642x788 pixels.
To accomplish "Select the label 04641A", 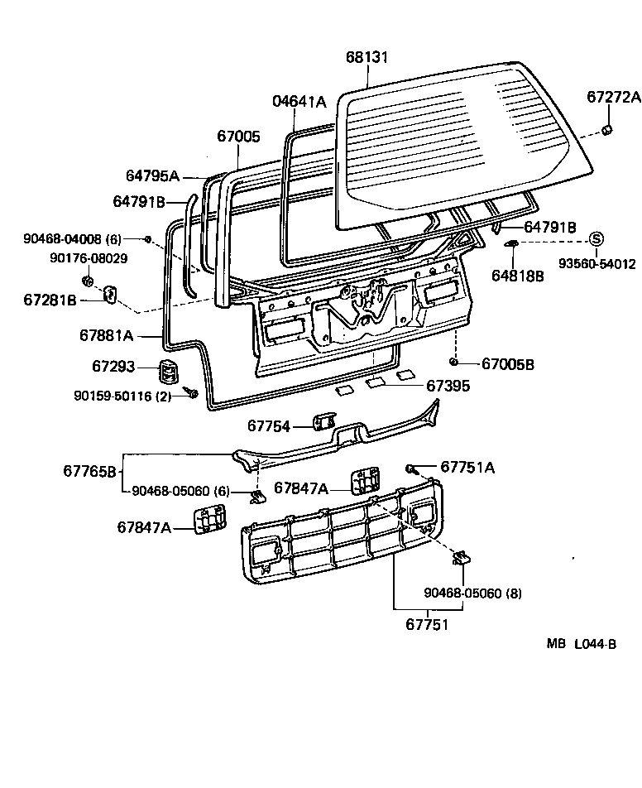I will [x=299, y=102].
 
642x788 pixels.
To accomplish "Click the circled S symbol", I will [x=596, y=239].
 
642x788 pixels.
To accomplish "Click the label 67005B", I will [x=508, y=364].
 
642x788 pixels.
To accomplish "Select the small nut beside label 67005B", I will [x=455, y=363].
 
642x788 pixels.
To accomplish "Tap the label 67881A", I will [x=107, y=335].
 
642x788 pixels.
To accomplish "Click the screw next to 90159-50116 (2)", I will [x=191, y=392].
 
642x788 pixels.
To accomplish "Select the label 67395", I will [x=448, y=385].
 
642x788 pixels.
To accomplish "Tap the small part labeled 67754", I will [x=323, y=424].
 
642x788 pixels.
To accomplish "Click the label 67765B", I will [x=90, y=471].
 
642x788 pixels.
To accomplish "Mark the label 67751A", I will [x=467, y=468].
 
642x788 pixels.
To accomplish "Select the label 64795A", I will [x=152, y=175].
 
